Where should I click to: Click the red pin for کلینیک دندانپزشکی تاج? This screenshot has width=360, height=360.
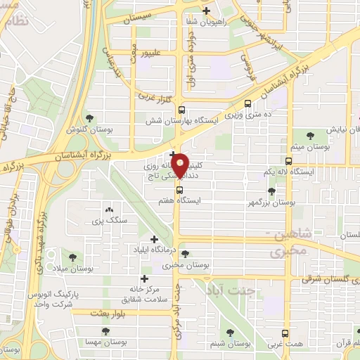click(x=180, y=164)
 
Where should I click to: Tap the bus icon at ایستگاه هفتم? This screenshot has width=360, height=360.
click(x=180, y=189)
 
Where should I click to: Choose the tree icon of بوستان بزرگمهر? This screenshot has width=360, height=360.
click(x=271, y=191)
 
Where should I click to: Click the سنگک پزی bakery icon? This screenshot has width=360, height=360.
click(x=108, y=210)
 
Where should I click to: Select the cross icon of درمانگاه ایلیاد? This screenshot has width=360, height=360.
click(x=153, y=239)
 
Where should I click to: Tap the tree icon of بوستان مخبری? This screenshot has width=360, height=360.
click(x=184, y=254)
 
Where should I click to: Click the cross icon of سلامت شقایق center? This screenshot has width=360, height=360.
click(x=145, y=278)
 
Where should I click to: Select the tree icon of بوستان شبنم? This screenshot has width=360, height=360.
click(x=231, y=333)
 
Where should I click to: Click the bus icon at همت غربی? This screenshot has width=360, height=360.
click(x=285, y=333)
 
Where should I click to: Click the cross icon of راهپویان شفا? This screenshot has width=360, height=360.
click(x=206, y=11)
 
